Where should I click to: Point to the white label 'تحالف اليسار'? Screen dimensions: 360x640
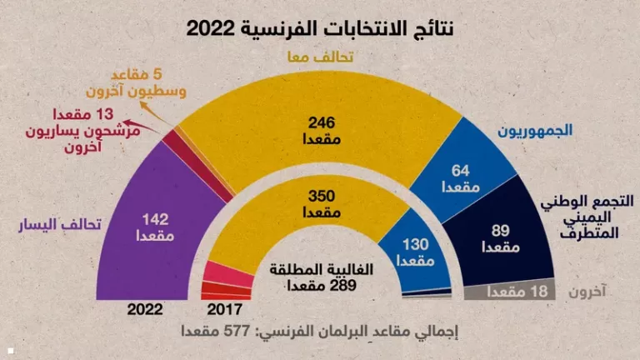[x=61, y=225]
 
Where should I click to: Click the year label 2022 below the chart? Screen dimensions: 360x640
[x=145, y=309]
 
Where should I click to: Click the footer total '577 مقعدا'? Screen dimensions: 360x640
[x=320, y=332]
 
